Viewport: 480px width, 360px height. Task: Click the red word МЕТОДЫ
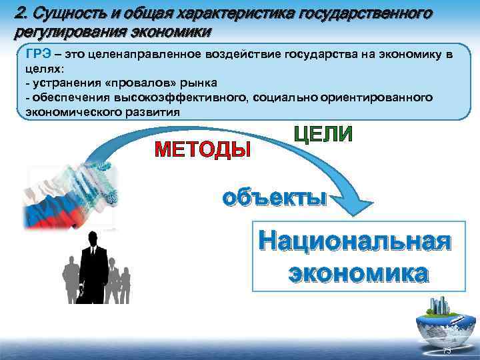[203, 149]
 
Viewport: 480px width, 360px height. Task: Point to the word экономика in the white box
[357, 273]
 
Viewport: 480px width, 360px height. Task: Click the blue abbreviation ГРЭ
[38, 55]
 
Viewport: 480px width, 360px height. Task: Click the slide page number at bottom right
[447, 351]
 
